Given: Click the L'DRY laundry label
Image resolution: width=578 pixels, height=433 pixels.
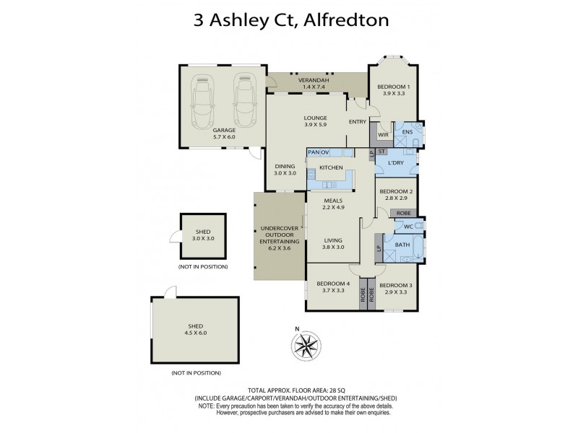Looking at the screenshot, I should coord(395,164).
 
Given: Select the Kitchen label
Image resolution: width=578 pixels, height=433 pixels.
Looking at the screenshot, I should coord(330,167).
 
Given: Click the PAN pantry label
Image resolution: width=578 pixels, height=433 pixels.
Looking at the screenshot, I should coord(314,152).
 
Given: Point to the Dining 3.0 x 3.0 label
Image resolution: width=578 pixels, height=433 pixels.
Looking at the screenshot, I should coord(285,170).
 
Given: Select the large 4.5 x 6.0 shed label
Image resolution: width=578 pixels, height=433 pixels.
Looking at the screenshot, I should coord(195,329).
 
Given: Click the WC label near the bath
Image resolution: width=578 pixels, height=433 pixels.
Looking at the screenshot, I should coord(408,227).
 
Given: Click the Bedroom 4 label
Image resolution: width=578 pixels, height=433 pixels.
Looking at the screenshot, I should coord(333,287).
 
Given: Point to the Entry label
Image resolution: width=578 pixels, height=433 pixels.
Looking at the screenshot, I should coord(357,122).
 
